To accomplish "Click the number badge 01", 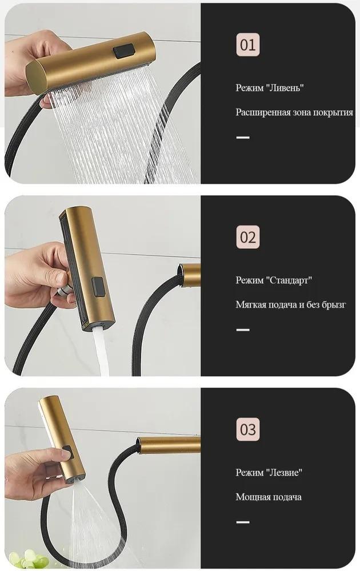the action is [248, 45].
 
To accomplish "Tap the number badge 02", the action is [248, 237].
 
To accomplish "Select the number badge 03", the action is [248, 429].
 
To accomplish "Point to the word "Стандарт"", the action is [290, 280].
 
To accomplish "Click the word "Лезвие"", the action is [285, 472].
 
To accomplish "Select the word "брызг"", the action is [333, 304].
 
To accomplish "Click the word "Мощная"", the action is [251, 497].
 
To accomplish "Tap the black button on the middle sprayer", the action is [98, 286].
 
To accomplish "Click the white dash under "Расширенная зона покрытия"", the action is [243, 138].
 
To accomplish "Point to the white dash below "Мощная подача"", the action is [243, 522].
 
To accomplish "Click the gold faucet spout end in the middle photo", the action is [189, 275].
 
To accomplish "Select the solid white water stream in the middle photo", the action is [101, 351].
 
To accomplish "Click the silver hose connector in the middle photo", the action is [65, 289].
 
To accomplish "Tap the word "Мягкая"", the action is [251, 304].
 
